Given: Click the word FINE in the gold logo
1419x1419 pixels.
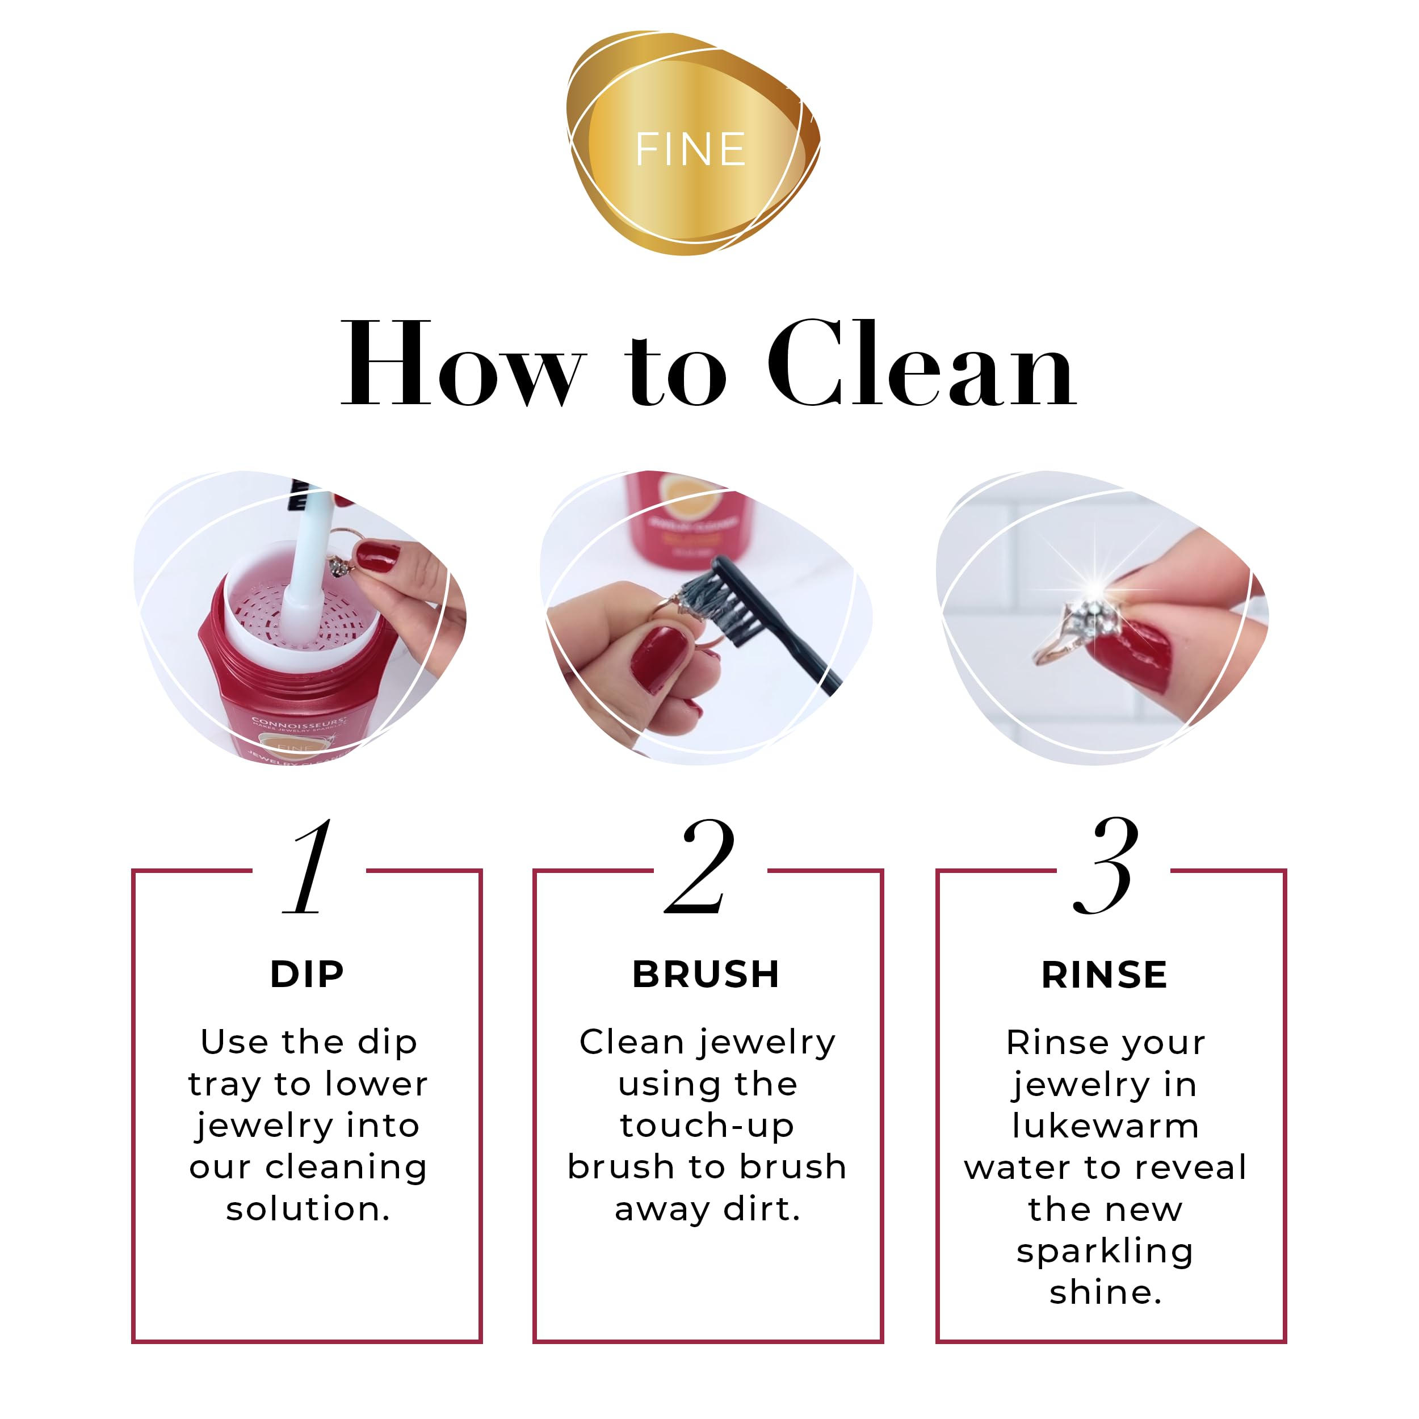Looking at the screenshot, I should point(690,149).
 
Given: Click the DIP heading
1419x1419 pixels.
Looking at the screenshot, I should point(307,975).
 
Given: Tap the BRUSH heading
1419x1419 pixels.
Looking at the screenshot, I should point(706,975).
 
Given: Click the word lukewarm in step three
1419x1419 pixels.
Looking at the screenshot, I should point(1105,1126).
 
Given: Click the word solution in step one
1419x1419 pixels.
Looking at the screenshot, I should point(307,1209).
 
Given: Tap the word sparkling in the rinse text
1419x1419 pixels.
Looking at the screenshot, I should point(1105,1251).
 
